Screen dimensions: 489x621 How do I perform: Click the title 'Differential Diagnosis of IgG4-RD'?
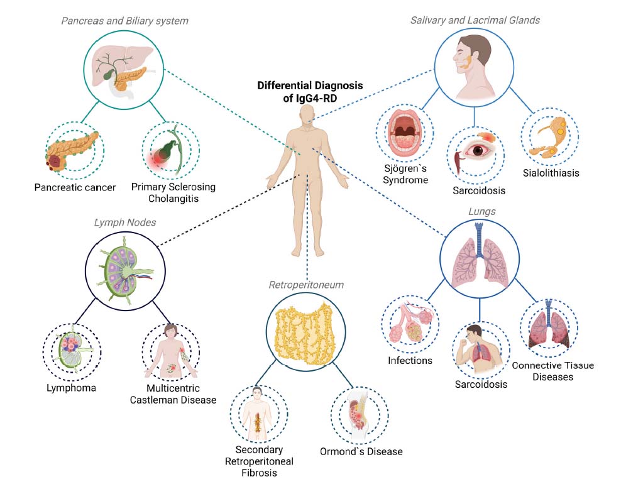point(310,92)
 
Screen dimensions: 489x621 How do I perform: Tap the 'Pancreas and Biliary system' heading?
point(124,21)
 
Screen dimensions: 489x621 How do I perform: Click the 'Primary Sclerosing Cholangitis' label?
point(173,192)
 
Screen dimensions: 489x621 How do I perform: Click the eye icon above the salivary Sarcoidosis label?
point(480,150)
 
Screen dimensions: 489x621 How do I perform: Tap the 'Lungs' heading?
point(482,212)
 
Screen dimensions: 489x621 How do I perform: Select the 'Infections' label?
point(410,360)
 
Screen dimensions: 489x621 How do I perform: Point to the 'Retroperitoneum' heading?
point(306,285)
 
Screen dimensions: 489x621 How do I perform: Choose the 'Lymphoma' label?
point(70,388)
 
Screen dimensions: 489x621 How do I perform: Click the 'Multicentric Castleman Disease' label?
point(173,393)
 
